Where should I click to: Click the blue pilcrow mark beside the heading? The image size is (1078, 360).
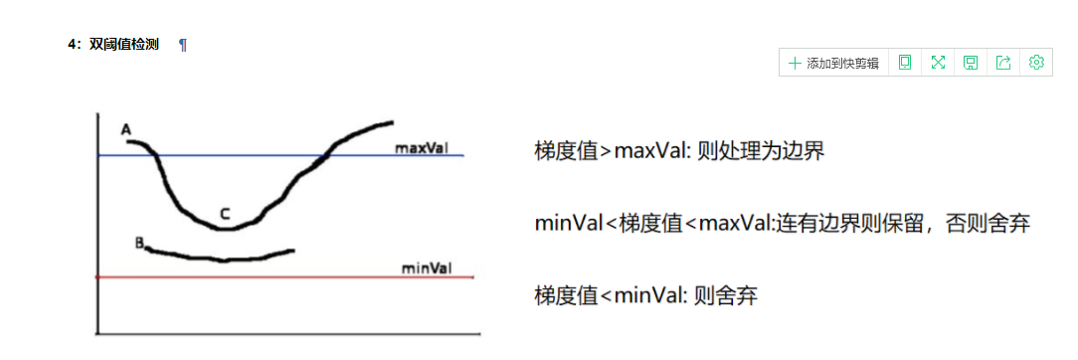tap(183, 45)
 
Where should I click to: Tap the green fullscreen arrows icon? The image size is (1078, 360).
tap(938, 63)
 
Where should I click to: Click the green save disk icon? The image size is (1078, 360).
tap(971, 63)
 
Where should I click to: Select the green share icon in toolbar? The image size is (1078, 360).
tap(1003, 63)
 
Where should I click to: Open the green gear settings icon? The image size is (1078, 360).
tap(1036, 63)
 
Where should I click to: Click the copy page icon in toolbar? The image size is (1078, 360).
tap(905, 63)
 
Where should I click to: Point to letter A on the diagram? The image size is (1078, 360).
tap(125, 129)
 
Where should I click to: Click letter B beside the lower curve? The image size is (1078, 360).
tap(139, 242)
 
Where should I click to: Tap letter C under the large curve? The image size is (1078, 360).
tap(225, 213)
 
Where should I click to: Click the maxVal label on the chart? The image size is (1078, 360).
tap(421, 148)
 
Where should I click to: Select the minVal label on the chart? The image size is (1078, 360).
tap(426, 268)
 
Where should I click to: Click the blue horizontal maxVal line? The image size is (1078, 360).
tap(249, 156)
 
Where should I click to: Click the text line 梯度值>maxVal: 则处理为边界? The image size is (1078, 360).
tap(679, 151)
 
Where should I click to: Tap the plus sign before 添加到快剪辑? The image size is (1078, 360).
tap(795, 63)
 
